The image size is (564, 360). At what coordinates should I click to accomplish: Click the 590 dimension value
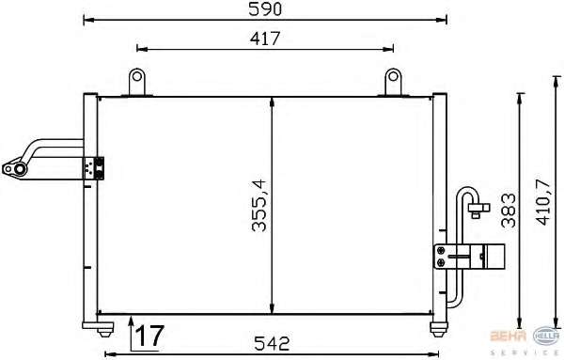(x=265, y=9)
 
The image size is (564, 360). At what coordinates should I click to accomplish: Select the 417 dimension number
(x=265, y=39)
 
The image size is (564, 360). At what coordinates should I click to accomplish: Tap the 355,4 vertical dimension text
(x=259, y=205)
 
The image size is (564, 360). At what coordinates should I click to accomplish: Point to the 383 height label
(x=509, y=211)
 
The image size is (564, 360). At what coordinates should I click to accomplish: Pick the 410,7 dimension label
(x=544, y=202)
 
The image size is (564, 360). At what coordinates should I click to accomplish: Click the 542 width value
(x=272, y=344)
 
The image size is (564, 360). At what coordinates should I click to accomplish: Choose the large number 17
(x=149, y=336)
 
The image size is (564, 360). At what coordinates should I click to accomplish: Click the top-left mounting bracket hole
(x=136, y=76)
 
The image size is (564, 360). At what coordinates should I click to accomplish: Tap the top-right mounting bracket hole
(x=393, y=76)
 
